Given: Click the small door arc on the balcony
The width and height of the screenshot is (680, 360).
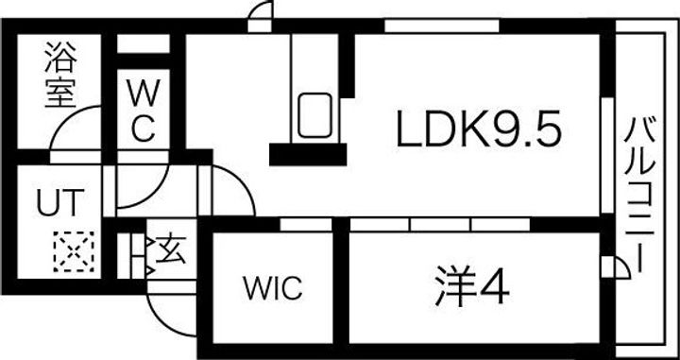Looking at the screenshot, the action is tap(613, 268).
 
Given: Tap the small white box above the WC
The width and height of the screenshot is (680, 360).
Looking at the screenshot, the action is tap(143, 44).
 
